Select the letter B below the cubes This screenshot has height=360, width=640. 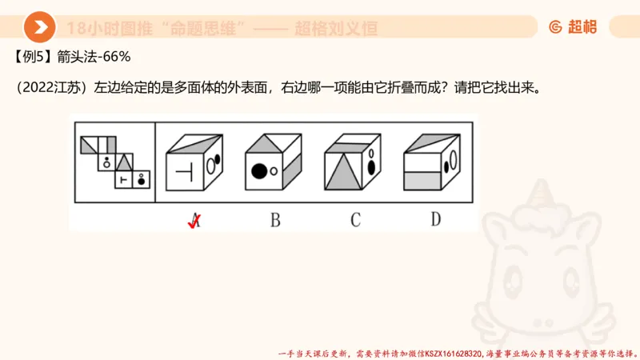[x=274, y=220]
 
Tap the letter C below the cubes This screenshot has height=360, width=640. [x=355, y=220]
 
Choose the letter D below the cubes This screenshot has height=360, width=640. [x=435, y=219]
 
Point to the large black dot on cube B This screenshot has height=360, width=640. [x=258, y=170]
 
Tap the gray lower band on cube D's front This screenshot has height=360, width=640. [x=423, y=181]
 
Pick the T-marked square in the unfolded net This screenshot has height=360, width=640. [x=123, y=180]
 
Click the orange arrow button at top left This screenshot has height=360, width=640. [x=39, y=28]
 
